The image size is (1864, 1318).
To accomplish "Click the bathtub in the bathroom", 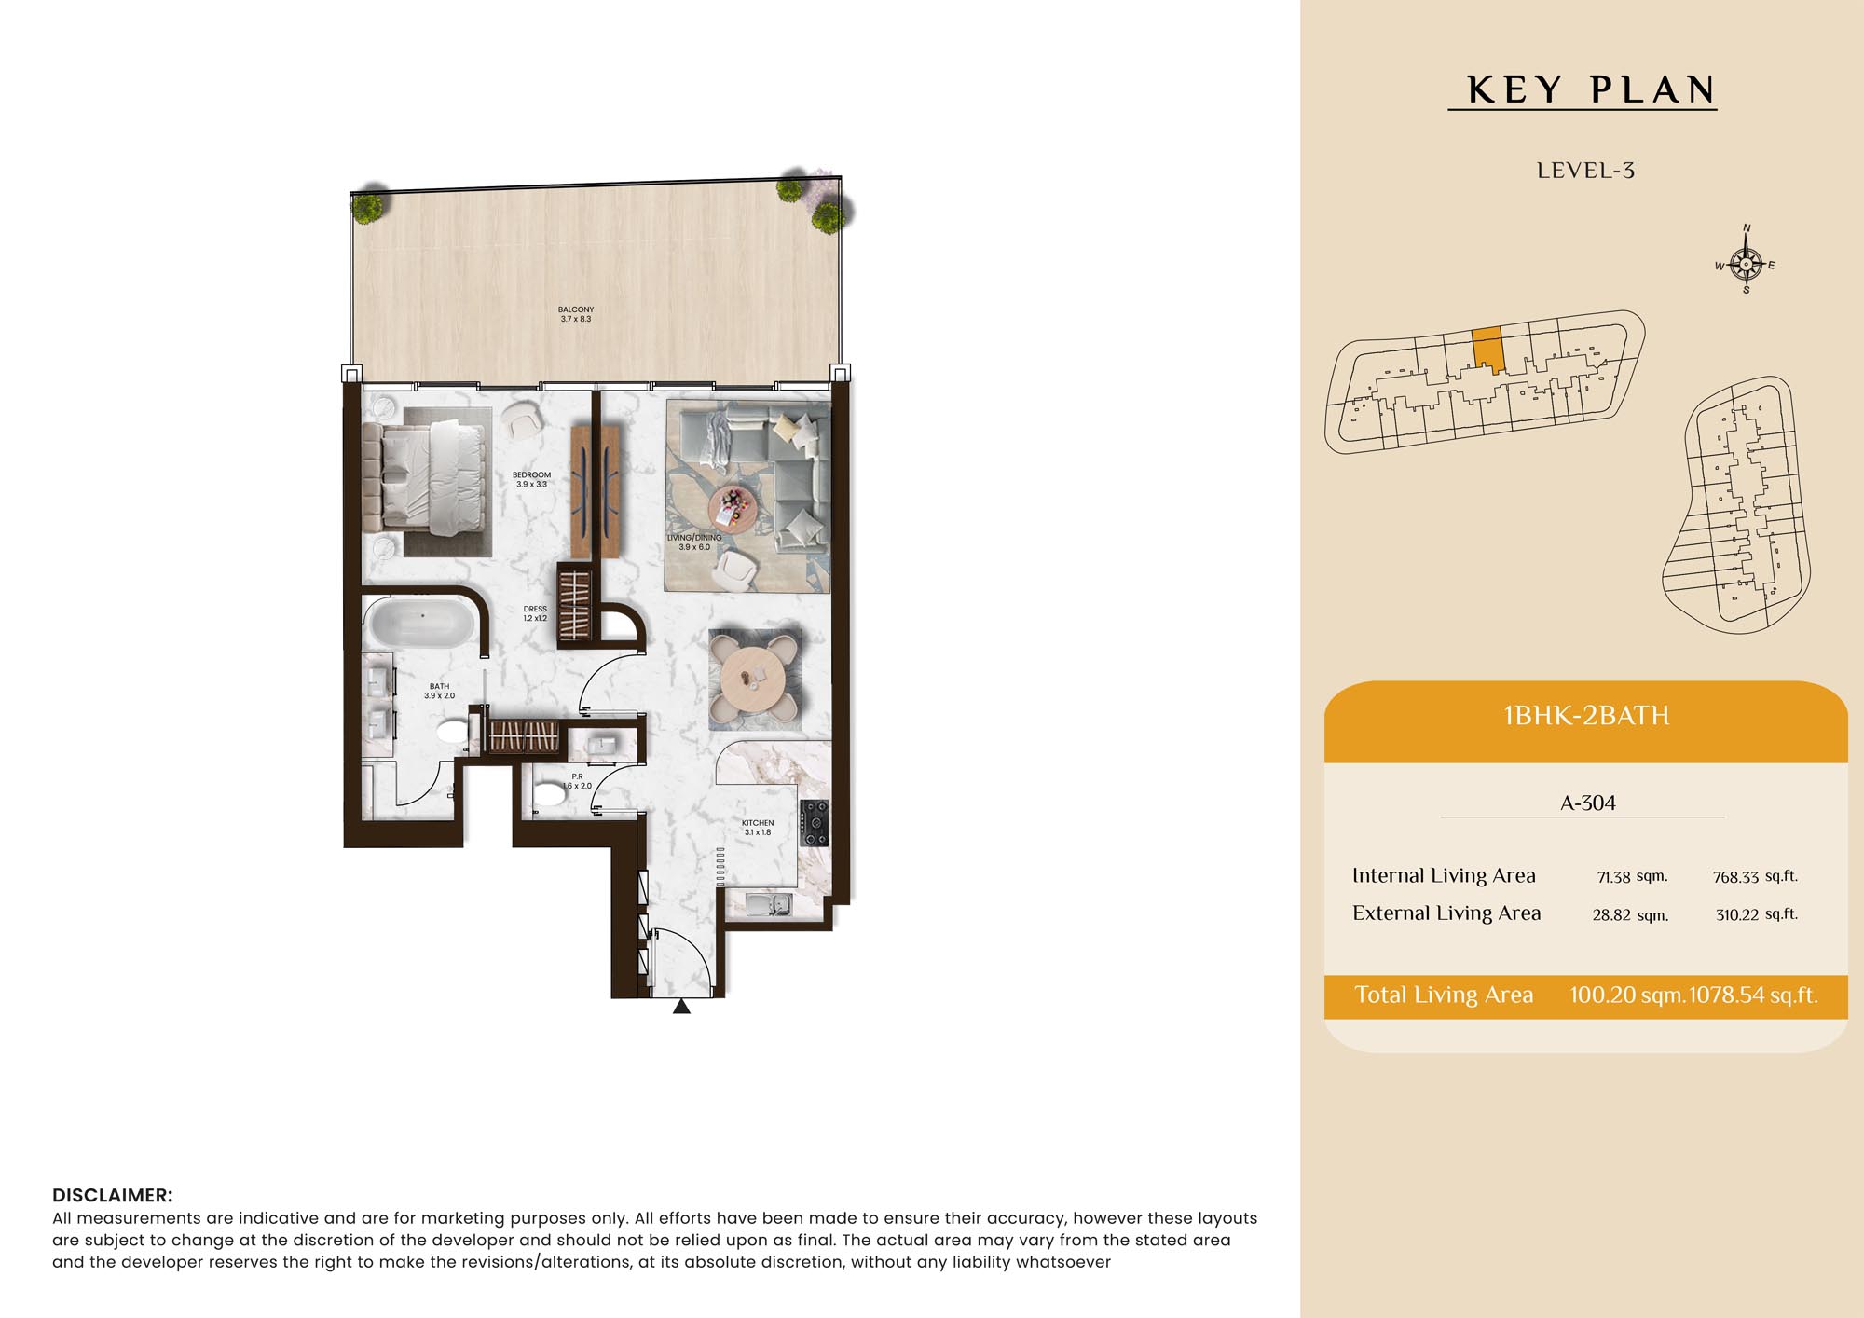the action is pyautogui.click(x=422, y=623).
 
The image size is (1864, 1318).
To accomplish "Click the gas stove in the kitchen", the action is pyautogui.click(x=814, y=823).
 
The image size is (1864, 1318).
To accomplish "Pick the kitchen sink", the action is pyautogui.click(x=769, y=903).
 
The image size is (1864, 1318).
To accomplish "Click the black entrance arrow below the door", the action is pyautogui.click(x=682, y=1006).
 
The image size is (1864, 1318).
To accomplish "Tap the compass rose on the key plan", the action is pyautogui.click(x=1746, y=263).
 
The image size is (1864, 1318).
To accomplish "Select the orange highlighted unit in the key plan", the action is pyautogui.click(x=1488, y=350).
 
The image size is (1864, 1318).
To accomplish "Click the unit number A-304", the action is pyautogui.click(x=1588, y=803).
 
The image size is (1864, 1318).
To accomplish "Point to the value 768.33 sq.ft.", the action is pyautogui.click(x=1755, y=876).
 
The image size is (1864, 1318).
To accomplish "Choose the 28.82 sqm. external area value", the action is pyautogui.click(x=1630, y=914).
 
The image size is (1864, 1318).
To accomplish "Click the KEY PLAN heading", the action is pyautogui.click(x=1591, y=89).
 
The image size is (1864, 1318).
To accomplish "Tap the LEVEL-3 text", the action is pyautogui.click(x=1585, y=171).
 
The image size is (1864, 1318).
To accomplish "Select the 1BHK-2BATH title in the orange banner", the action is pyautogui.click(x=1586, y=715).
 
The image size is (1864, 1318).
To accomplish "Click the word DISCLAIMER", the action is pyautogui.click(x=112, y=1195).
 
